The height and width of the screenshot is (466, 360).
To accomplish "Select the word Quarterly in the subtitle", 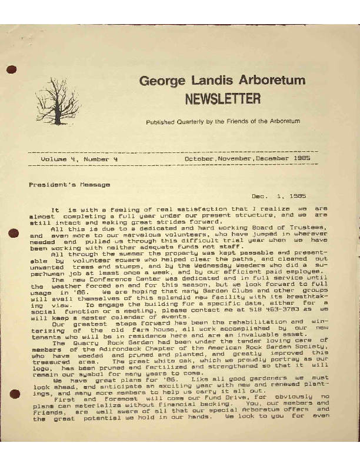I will pyautogui.click(x=192, y=121).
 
